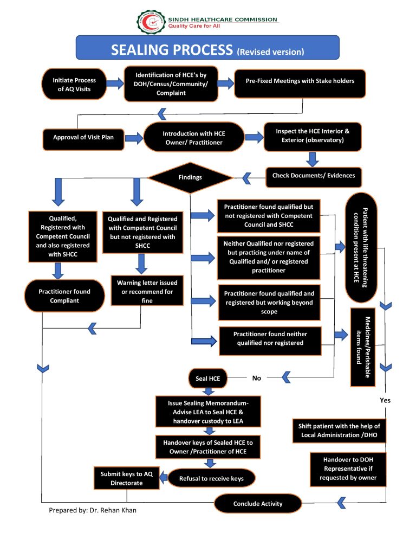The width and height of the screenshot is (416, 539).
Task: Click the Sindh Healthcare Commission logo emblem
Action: coord(149,21)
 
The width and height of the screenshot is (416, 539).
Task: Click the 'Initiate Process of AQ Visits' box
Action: coord(74,85)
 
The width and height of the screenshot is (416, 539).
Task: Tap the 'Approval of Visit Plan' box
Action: coord(83,138)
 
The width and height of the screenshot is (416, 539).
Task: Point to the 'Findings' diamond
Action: coord(190,177)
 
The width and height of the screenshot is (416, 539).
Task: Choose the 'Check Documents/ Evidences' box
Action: coord(314,175)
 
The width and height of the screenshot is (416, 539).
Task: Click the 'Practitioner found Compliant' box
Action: coord(64,296)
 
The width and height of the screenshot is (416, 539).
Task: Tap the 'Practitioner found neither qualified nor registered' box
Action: coord(270,339)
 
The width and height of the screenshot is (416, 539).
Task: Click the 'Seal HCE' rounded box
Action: coord(207,378)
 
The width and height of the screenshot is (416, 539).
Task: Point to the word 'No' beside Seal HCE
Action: coord(257,378)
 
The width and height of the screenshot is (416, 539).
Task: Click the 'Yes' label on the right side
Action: coord(385,400)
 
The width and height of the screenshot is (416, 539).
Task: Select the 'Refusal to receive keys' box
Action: coord(212,478)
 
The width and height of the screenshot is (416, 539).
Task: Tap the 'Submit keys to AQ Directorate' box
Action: coord(127,478)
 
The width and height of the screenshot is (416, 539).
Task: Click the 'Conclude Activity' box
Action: coord(258,504)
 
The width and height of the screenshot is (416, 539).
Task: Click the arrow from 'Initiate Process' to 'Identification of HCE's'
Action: coord(115,84)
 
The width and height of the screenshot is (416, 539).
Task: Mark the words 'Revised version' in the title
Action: coord(270,52)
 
